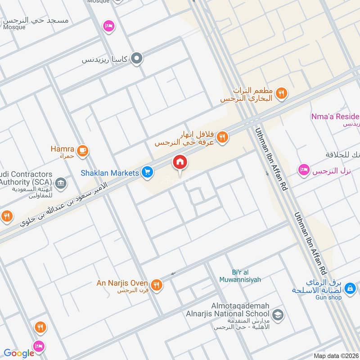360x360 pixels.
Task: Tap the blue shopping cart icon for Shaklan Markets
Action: point(147,171)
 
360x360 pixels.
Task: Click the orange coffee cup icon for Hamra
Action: point(82,151)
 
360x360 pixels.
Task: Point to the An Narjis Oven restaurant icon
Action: point(156,284)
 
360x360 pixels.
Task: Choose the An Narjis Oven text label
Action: point(122,283)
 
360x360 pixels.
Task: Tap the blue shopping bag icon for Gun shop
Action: point(351,288)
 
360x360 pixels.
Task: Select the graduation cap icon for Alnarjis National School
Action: point(278,314)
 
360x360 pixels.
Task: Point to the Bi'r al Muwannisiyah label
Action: point(240,276)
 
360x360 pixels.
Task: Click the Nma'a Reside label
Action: point(335,117)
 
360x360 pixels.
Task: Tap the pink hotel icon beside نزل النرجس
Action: point(304,170)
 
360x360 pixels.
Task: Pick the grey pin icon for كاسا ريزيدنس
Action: point(137,58)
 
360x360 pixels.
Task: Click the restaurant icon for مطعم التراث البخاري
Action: point(281,94)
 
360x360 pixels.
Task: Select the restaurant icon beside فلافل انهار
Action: point(222,137)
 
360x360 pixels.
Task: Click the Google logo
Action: point(19,353)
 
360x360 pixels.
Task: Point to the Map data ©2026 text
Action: point(336,355)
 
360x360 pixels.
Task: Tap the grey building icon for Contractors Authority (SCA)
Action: point(61,183)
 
